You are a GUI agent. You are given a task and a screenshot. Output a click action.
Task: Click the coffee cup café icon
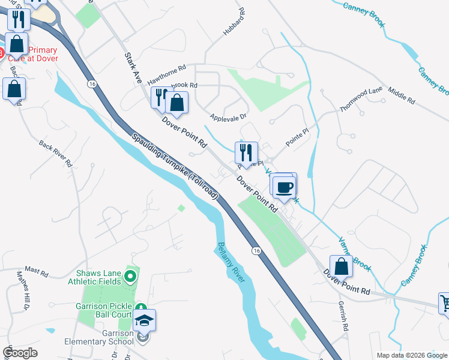pos(285,186)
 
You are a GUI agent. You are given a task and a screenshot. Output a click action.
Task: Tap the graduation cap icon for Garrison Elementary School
pos(143,322)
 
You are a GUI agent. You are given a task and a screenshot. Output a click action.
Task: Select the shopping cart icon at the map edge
pos(445,303)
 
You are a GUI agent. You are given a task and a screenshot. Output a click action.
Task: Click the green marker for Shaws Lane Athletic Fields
pos(131,277)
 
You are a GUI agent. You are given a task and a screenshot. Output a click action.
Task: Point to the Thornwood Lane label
pos(361,98)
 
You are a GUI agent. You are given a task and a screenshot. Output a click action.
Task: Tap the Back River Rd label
pos(55,153)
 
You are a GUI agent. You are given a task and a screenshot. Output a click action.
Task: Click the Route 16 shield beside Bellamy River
pos(256,250)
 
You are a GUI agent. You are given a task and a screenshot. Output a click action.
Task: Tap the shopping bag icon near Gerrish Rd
pos(340,266)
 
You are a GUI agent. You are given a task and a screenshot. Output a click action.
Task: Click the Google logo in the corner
pos(20,353)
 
